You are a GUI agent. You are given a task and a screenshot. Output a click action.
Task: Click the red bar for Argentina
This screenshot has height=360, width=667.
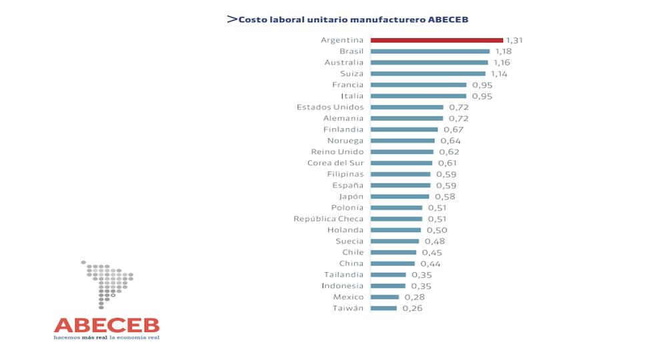point(436,40)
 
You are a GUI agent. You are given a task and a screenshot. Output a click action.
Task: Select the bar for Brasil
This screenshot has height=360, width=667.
point(430,51)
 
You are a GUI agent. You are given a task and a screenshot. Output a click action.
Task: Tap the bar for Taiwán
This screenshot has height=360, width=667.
point(384,308)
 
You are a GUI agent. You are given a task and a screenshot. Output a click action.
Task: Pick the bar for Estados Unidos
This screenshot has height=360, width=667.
point(407,107)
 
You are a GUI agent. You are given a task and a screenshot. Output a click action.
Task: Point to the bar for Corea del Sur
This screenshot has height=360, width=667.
point(401,163)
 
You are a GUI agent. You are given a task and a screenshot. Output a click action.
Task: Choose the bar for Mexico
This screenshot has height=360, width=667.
point(385,297)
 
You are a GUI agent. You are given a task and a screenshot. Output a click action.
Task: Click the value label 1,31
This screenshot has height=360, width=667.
point(514,40)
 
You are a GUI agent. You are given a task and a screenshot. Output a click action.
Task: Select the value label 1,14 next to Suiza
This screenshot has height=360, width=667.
point(498,74)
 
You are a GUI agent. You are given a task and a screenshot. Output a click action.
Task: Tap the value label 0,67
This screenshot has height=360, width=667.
point(453,129)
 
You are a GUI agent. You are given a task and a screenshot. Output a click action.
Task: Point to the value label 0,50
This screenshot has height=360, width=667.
point(436,230)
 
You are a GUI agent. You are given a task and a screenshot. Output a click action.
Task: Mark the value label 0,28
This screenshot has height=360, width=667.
point(414,297)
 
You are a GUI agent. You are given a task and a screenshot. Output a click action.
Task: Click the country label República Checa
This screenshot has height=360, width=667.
point(329,219)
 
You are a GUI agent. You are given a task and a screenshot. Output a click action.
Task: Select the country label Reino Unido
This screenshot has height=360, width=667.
point(339,152)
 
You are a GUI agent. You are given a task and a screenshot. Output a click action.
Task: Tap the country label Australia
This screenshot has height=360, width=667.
point(344,63)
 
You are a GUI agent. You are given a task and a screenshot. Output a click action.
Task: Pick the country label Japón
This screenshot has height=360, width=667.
point(352,197)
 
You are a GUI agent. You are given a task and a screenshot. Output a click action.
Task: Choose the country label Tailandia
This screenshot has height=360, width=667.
point(344,275)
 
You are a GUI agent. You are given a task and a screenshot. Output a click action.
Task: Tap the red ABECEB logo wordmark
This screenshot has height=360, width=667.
point(107,325)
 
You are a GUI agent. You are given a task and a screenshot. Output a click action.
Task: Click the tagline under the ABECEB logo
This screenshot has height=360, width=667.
point(107,337)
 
